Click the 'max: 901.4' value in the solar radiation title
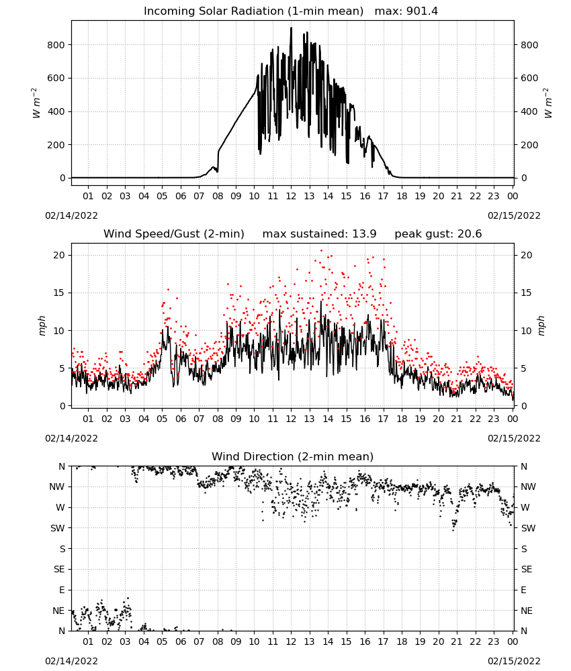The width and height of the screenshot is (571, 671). [406, 11]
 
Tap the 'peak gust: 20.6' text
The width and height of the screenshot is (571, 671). [438, 234]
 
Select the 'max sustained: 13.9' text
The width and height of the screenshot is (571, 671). [320, 234]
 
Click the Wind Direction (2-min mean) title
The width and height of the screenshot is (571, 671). [293, 456]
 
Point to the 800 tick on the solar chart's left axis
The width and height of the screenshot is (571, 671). [56, 45]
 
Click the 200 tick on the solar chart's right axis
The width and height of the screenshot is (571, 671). [529, 145]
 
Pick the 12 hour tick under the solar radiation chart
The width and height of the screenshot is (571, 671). [291, 196]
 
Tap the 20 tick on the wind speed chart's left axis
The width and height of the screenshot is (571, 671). [60, 255]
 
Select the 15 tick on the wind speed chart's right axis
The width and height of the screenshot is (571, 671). [526, 293]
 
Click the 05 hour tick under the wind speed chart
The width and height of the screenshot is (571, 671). [162, 419]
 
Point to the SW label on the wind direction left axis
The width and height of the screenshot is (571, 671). [58, 528]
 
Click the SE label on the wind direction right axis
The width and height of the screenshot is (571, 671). [527, 569]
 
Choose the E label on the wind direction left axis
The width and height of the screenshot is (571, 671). [62, 590]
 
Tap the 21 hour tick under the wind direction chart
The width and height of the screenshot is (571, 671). [457, 641]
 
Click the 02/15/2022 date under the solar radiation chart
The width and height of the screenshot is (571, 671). [514, 215]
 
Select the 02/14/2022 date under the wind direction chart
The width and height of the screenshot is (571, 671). [71, 661]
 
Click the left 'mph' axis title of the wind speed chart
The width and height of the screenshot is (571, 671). [42, 325]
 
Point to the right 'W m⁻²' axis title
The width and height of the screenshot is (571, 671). [548, 103]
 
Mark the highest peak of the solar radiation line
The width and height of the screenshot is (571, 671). [292, 28]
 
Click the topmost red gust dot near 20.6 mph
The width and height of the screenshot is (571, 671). [321, 251]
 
